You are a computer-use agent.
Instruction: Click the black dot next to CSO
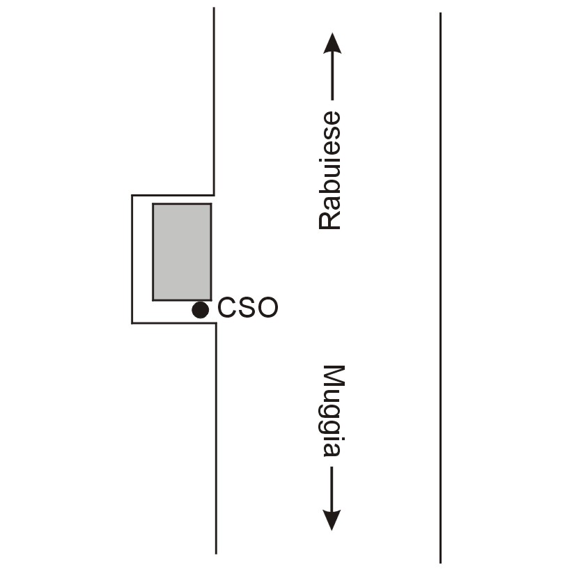200,310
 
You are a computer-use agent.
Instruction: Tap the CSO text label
248,307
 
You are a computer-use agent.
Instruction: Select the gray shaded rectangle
182,251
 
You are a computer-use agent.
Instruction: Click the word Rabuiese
329,171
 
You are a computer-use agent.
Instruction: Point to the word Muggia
334,411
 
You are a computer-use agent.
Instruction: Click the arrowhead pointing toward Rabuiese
332,43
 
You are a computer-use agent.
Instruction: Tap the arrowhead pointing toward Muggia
332,520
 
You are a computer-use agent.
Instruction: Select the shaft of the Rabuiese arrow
332,77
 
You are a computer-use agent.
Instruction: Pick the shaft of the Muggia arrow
332,488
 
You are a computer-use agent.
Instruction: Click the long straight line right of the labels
440,288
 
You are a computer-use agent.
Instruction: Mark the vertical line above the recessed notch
214,101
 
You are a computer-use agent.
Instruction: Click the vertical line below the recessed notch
216,439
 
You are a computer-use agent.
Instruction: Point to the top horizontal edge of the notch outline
173,195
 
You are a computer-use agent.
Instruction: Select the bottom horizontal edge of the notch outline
173,323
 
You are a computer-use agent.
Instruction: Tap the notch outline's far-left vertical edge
132,259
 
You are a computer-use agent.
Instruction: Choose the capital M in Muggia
334,377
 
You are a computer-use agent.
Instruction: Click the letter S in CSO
247,307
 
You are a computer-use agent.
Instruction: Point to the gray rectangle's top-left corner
153,203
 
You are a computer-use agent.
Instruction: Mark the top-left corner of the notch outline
132,195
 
